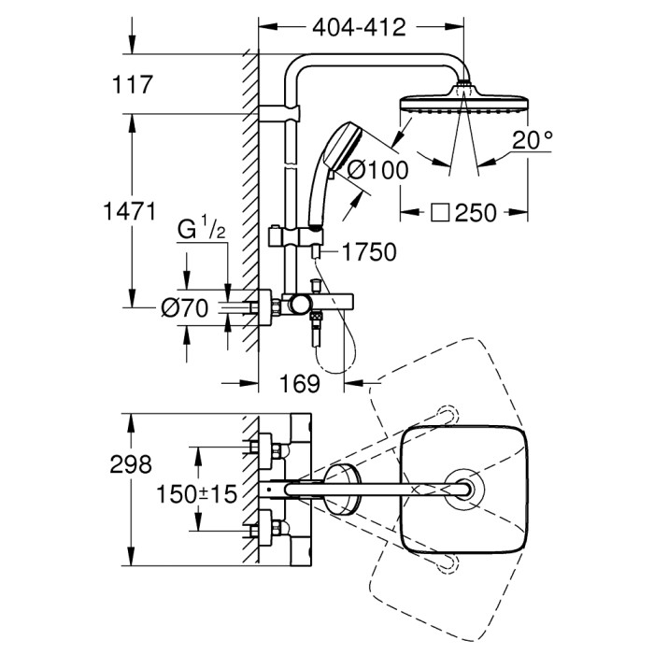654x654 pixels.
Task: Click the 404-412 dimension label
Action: pyautogui.click(x=359, y=28)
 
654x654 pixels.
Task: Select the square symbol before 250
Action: pyautogui.click(x=440, y=213)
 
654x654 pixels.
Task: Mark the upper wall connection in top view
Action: pyautogui.click(x=266, y=446)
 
